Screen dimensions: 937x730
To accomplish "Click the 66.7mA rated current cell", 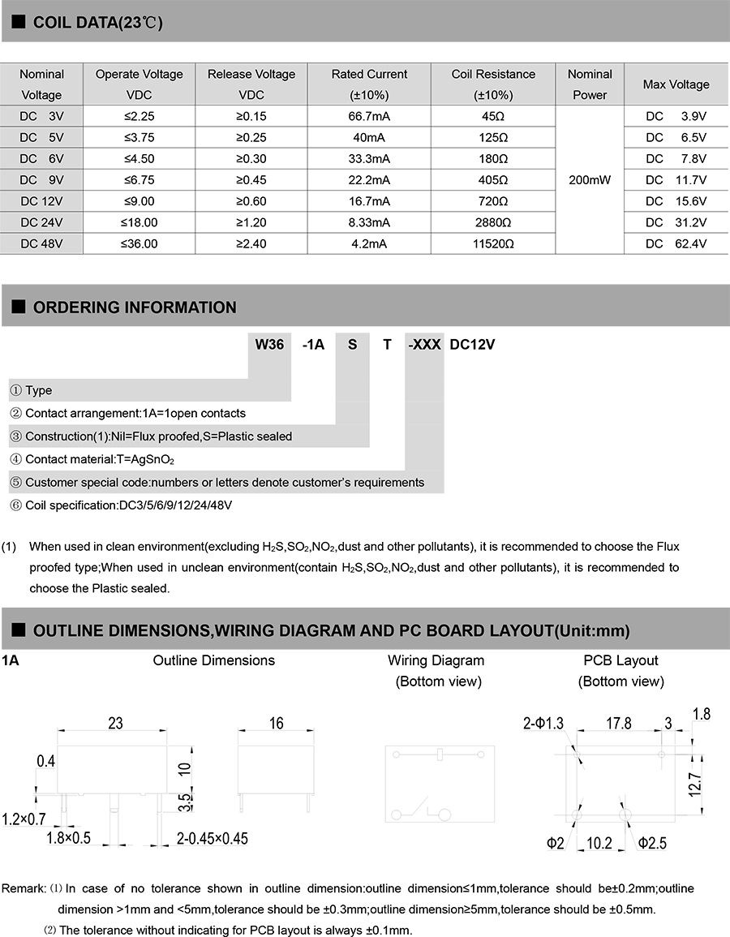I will pos(369,116).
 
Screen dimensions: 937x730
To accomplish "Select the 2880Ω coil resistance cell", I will pos(493,222).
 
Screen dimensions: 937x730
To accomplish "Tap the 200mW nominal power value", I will pos(589,179).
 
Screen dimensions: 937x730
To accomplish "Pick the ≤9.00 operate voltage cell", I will pos(140,201).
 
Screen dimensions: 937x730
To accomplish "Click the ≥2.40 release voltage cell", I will pos(251,243).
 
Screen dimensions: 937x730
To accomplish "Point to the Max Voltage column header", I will pos(676,84).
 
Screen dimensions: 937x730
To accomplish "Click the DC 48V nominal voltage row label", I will pos(42,243).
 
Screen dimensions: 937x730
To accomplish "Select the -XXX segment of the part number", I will pos(425,344).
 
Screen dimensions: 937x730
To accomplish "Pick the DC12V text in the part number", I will pos(472,344).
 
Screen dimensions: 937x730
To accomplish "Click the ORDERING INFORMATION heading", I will pos(135,307).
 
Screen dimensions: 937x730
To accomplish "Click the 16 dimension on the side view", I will pos(276,722).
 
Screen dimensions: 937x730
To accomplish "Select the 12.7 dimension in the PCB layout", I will pos(704,784).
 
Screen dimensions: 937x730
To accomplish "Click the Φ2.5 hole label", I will pos(652,844).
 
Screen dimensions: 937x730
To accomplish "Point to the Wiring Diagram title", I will pos(436,660).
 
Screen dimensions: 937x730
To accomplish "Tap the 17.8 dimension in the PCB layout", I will pos(618,723).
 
